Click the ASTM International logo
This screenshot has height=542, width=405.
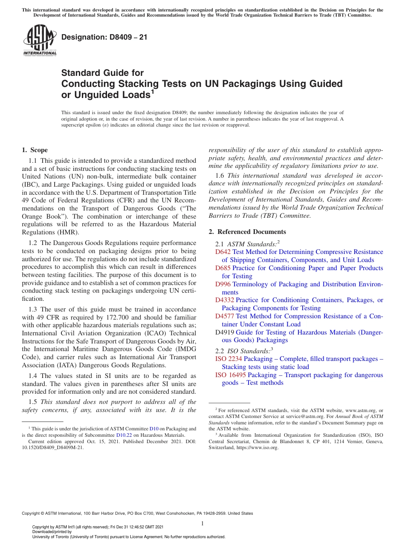coord(39,40)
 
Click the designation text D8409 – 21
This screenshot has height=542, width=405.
coord(104,37)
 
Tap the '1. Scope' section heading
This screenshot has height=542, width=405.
coord(35,150)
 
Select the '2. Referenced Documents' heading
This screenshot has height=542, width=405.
coord(247,232)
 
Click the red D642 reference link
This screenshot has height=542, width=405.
coord(223,252)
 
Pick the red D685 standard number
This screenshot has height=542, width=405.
coord(223,268)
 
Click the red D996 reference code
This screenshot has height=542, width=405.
coord(223,284)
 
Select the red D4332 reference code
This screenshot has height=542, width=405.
coord(225,300)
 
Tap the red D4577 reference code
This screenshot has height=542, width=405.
coord(225,316)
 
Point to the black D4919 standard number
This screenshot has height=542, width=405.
coord(225,332)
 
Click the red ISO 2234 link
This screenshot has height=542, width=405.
coord(229,359)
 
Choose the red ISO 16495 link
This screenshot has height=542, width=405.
coord(230,375)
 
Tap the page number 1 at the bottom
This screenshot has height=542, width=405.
coord(202,524)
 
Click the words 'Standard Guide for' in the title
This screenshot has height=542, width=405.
coord(102,73)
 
